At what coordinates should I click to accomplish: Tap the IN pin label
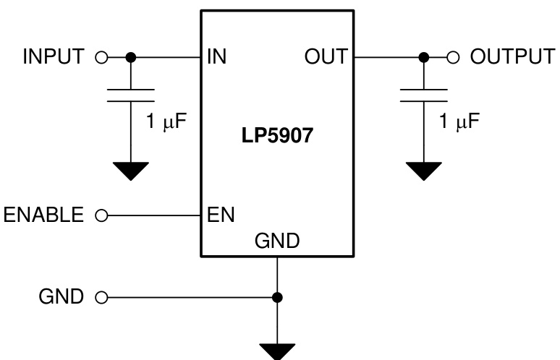point(216,57)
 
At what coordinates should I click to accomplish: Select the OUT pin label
point(325,57)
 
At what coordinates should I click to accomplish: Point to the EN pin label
point(220,215)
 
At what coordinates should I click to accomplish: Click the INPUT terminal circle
point(101,57)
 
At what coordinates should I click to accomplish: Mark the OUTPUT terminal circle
point(454,57)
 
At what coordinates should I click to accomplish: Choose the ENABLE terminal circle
point(101,215)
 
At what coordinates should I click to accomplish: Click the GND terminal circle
point(101,296)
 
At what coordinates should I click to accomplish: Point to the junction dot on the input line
point(130,57)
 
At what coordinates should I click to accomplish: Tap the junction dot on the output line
point(424,57)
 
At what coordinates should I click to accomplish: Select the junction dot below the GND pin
point(277,296)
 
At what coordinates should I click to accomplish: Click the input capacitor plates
point(130,95)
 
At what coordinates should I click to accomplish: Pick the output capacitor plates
point(424,95)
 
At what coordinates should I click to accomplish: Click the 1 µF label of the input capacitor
point(166,121)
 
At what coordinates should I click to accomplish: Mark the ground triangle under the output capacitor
point(424,171)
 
